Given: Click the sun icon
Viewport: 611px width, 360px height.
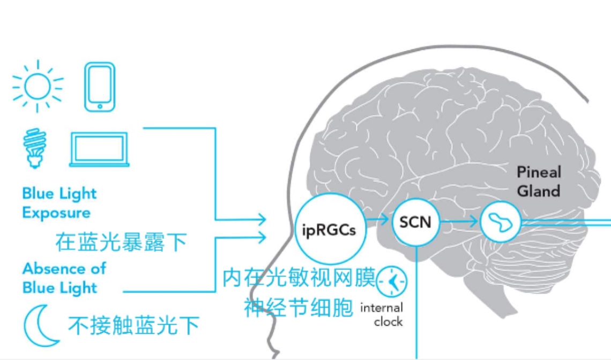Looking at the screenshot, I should pos(38,86).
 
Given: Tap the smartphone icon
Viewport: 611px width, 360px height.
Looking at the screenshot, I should pos(100,87).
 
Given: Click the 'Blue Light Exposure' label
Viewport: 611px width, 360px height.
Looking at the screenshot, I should pos(59,203).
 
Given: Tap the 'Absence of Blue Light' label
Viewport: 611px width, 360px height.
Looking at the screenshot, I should pos(64,277).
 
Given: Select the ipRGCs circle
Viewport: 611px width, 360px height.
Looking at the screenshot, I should pos(328,229).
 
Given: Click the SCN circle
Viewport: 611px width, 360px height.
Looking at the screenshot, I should pos(415,222).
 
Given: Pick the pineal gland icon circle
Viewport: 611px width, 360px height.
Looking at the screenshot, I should pos(500,222).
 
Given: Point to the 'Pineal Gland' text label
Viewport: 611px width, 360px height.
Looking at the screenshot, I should pos(539,182).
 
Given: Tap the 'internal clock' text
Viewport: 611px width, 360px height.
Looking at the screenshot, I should pos(382,314).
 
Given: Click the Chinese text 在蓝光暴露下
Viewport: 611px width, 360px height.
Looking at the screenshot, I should pos(121,243).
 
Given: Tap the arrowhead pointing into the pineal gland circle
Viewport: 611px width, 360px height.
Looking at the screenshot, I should pos(472,221).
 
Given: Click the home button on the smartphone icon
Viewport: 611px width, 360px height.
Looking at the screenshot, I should pos(100,106).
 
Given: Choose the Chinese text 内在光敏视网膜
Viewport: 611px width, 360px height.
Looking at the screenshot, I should pos(300,279).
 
